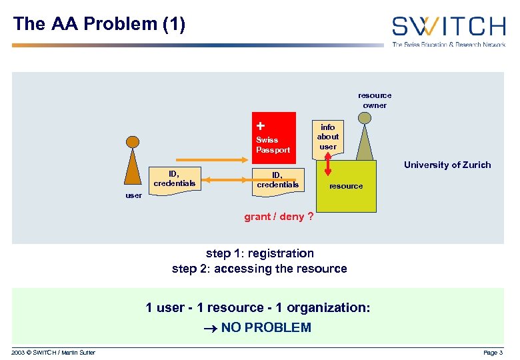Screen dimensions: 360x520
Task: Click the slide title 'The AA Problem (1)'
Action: click(99, 25)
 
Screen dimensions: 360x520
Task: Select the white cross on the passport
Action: click(260, 125)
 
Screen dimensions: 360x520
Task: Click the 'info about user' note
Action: click(327, 137)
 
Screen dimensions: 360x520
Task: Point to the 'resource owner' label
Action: click(375, 100)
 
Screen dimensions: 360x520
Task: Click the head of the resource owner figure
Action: click(364, 118)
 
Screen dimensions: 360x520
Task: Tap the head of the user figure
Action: click(133, 141)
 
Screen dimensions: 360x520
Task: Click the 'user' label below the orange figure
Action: click(133, 195)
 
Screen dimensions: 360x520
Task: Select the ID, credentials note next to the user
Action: click(174, 179)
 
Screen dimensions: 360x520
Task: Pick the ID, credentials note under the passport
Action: click(277, 179)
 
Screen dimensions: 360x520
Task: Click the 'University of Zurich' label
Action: click(447, 165)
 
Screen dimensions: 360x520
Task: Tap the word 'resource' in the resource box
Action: click(346, 186)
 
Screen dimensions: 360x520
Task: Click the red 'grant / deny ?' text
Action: click(279, 217)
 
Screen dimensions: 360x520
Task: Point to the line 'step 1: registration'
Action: click(259, 253)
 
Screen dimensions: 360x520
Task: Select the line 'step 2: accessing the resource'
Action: click(259, 269)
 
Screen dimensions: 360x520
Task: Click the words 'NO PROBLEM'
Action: click(266, 327)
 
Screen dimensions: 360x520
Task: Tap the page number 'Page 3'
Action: click(493, 352)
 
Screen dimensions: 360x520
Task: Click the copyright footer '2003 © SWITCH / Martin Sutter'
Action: click(53, 352)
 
